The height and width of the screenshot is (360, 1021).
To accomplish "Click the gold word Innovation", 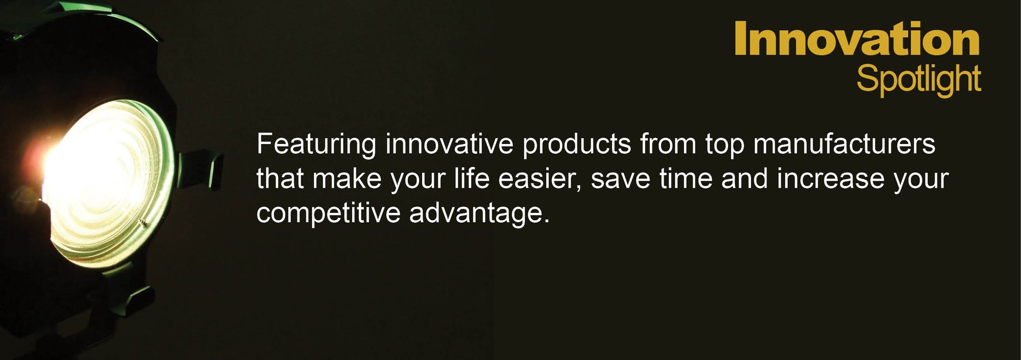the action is click(857, 38).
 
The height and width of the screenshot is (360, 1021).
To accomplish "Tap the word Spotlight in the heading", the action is click(919, 80).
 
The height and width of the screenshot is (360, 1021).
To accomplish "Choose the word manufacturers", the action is click(844, 144).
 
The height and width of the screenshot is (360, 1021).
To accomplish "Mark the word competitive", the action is click(328, 214).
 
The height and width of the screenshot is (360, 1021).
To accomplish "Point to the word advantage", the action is click(479, 214).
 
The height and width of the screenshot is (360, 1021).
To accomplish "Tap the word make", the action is click(347, 179).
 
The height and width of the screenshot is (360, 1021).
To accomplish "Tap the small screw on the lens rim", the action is click(143, 222).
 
